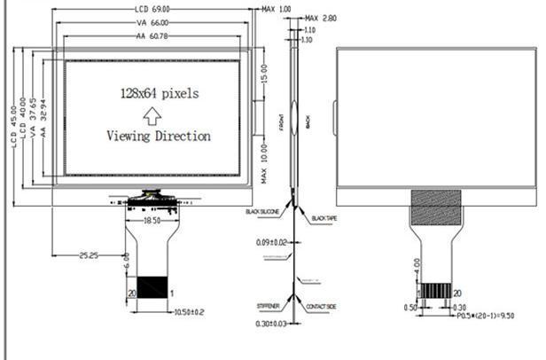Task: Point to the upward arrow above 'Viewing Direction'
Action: [x=152, y=114]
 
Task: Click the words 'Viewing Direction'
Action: [x=159, y=136]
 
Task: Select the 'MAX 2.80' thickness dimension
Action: [x=319, y=18]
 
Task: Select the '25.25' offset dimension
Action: [x=86, y=255]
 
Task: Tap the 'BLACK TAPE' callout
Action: [x=325, y=215]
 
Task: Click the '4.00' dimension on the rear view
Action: [x=417, y=264]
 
